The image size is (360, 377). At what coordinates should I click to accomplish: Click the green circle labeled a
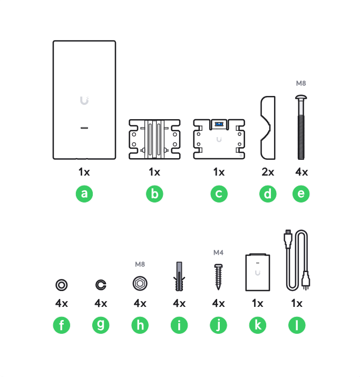84,194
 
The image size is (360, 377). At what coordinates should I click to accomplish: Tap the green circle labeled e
301,194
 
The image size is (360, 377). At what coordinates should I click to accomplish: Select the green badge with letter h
140,325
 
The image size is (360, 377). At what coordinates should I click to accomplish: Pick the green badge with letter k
258,325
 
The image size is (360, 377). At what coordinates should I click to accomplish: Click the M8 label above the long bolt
301,83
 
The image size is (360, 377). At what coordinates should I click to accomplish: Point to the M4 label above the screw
218,253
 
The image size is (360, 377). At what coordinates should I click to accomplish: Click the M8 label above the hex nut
140,264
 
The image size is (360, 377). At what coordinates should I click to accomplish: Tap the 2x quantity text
268,172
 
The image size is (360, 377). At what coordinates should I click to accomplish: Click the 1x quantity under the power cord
297,303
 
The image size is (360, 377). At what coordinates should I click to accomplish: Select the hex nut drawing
140,284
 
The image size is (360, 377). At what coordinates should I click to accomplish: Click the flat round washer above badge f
62,285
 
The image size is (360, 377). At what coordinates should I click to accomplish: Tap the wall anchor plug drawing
179,276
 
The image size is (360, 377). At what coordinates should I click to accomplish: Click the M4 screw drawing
218,277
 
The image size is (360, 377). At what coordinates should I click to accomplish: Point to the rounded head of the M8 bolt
301,97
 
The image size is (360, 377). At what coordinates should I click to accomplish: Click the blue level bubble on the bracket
219,124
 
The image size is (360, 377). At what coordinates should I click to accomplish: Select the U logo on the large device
84,101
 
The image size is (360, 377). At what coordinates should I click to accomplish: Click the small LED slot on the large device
84,128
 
